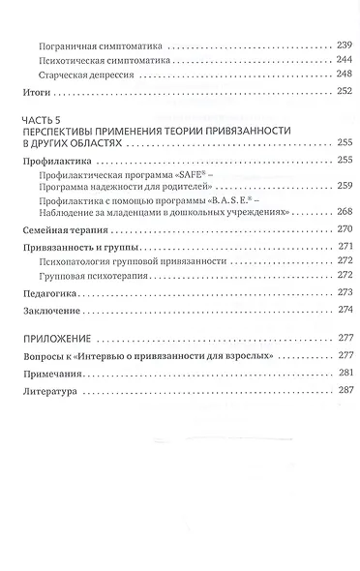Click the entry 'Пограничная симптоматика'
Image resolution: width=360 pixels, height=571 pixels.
98,45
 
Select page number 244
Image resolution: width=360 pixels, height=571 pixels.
330,59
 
